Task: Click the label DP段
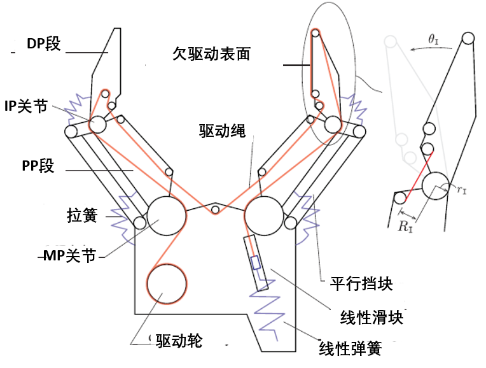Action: (x=43, y=44)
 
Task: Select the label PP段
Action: (x=38, y=167)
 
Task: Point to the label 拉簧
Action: (x=81, y=215)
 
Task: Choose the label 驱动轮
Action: (x=179, y=341)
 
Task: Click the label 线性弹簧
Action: (x=351, y=348)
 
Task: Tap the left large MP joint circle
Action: (x=166, y=215)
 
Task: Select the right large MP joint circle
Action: (x=263, y=215)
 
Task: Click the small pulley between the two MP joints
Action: (x=216, y=210)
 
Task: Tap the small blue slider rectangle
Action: (x=255, y=263)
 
